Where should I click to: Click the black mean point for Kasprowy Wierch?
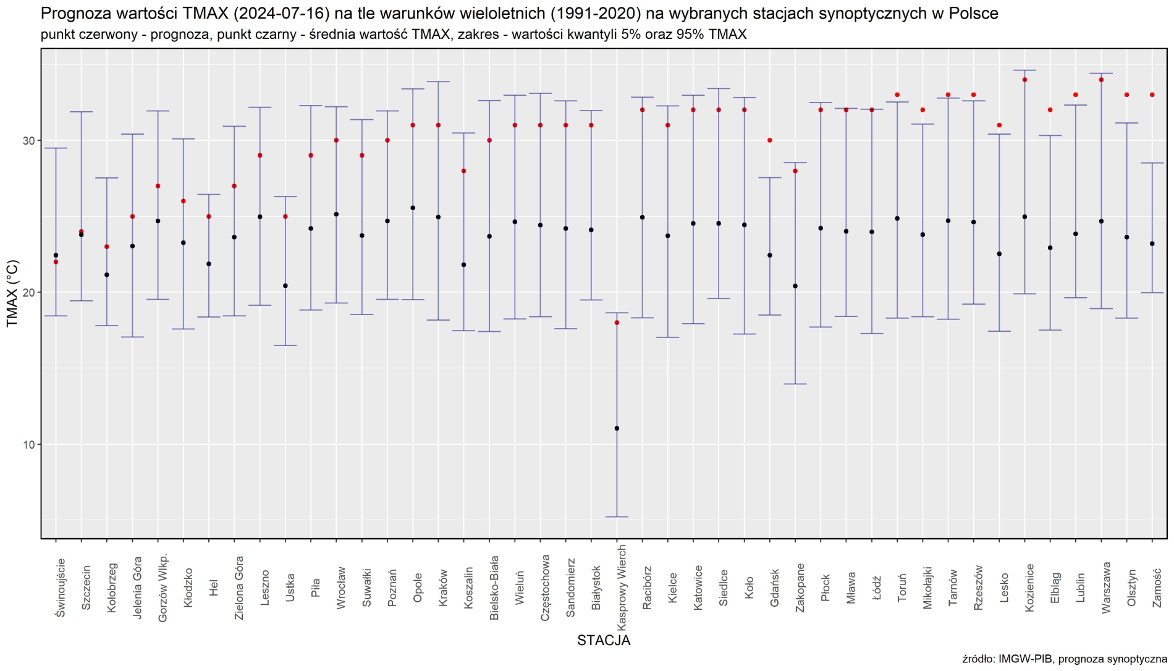coord(617,428)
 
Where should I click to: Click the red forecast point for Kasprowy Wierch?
coord(617,323)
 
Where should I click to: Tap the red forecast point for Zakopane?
coord(795,171)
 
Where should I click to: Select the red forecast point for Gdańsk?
coord(770,140)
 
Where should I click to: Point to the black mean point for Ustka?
coord(285,285)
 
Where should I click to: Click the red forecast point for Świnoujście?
coord(56,262)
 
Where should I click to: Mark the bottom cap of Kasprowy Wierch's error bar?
coord(617,517)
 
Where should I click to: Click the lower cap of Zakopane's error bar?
coord(795,384)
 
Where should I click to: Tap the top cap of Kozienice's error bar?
coord(1024,70)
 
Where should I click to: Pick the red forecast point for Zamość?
coord(1152,95)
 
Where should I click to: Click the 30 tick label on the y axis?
coord(28,141)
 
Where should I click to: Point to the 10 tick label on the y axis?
coord(28,445)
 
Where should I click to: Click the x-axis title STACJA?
coord(604,640)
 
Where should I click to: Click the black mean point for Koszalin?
coord(464,264)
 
